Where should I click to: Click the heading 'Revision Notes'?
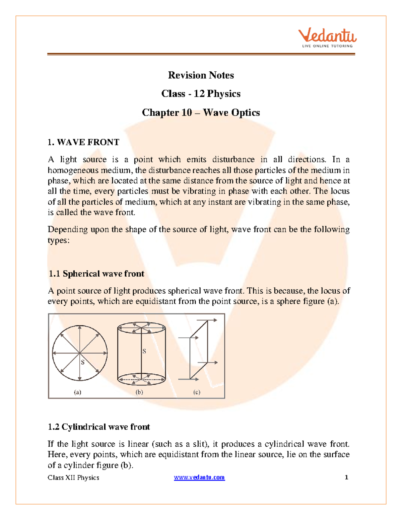(201, 75)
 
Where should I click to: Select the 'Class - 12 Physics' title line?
(201, 94)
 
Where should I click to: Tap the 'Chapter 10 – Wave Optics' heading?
(201, 113)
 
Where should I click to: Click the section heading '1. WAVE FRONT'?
(83, 142)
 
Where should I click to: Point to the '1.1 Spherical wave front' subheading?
(96, 274)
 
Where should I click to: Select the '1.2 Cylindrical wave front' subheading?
(99, 427)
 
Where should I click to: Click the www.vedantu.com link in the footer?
(199, 477)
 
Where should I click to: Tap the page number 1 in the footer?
(346, 477)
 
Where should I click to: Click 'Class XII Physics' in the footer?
(73, 478)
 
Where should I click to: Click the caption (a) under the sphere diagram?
(77, 392)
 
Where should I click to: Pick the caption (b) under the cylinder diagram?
(139, 392)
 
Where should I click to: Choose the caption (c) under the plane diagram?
(197, 392)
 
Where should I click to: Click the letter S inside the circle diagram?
(83, 362)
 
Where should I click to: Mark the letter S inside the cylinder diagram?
(144, 351)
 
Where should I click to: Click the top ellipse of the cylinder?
(141, 328)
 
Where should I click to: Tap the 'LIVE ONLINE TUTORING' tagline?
(327, 46)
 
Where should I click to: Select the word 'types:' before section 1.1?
(58, 240)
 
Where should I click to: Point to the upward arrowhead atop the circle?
(80, 328)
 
